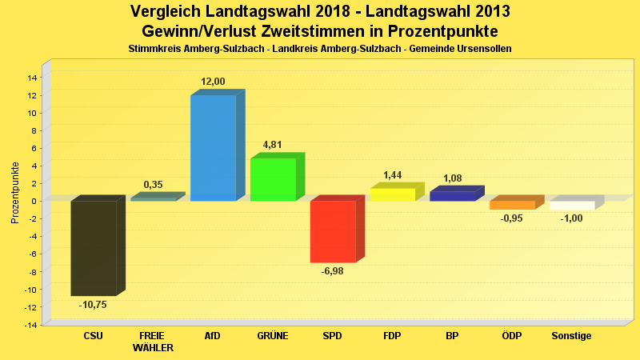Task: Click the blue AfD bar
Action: tap(213, 148)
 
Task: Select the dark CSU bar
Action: tap(94, 248)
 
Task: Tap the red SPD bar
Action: tap(333, 231)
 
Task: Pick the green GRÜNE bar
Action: tap(273, 179)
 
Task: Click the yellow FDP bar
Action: tap(392, 194)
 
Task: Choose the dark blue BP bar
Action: tap(452, 196)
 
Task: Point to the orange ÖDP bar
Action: tap(512, 205)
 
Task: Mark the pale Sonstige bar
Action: tap(572, 206)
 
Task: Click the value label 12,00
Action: tap(213, 82)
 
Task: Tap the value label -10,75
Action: tap(93, 305)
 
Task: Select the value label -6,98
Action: tap(333, 272)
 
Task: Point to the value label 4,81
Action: tap(273, 145)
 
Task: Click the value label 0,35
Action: tap(153, 185)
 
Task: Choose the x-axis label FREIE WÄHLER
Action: tap(153, 342)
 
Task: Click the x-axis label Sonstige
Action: tap(571, 336)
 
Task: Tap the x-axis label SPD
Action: tap(332, 336)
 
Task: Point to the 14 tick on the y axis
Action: tap(33, 78)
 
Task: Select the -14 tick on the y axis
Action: tap(31, 325)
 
